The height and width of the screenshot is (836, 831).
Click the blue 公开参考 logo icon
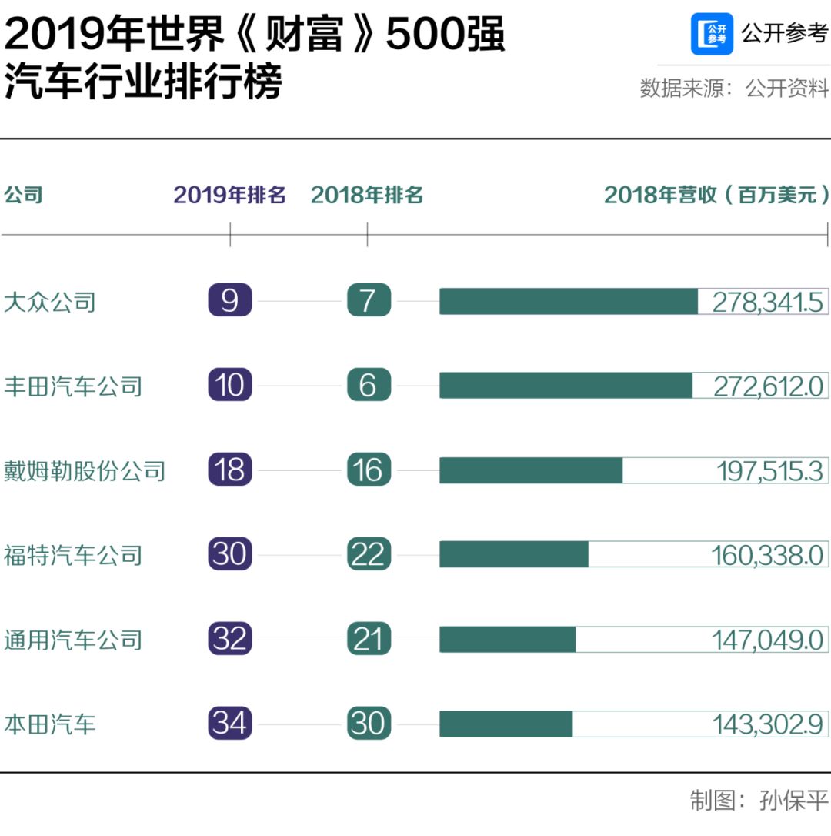(712, 34)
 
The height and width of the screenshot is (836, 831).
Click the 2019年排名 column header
(229, 195)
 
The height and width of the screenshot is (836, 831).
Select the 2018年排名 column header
(367, 195)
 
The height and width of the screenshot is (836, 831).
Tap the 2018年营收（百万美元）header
(716, 195)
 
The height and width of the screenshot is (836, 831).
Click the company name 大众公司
(50, 301)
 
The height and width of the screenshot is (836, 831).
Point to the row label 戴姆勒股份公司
(85, 470)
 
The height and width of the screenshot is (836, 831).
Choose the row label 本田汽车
(50, 724)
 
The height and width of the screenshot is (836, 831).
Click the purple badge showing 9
(230, 300)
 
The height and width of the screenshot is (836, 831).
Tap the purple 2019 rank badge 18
(230, 470)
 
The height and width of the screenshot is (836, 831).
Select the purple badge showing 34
(230, 724)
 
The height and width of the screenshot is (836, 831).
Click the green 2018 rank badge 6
(369, 385)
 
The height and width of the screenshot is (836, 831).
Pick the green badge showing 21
(369, 639)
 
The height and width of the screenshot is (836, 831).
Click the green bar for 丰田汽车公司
(566, 385)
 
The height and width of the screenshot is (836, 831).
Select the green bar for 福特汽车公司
(514, 554)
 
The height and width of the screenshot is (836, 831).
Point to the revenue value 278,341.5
(767, 302)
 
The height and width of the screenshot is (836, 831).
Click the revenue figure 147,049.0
(767, 640)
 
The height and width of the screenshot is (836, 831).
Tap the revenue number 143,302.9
(767, 724)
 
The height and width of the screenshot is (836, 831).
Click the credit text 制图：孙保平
(758, 801)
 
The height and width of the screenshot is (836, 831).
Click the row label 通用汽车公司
(73, 640)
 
